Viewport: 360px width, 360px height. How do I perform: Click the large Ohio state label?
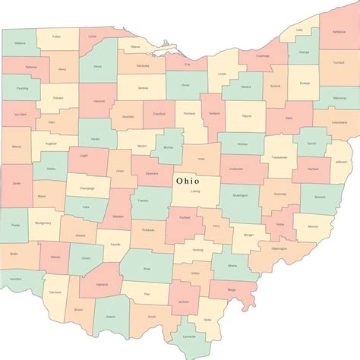[x=188, y=181]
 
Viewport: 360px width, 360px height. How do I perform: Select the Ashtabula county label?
[x=338, y=33]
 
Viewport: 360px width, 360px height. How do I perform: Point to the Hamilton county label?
[x=14, y=279]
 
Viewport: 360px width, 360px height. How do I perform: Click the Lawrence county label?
[x=189, y=336]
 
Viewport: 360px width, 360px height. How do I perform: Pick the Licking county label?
[x=195, y=191]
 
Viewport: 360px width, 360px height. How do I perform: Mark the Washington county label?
[x=278, y=248]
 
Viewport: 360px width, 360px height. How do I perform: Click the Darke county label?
[x=17, y=183]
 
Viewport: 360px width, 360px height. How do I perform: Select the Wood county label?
[x=96, y=66]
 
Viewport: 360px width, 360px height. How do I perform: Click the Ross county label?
[x=147, y=267]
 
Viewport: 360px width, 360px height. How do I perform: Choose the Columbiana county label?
[x=339, y=122]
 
